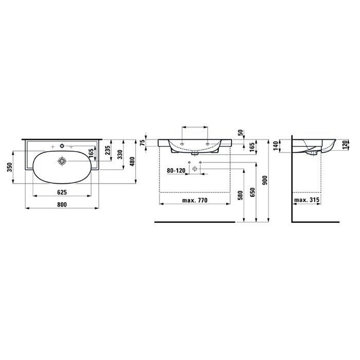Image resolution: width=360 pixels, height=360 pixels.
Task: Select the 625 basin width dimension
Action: point(62,192)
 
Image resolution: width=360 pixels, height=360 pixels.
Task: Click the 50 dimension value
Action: point(241,132)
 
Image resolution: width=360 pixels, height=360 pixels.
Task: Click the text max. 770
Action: point(194,201)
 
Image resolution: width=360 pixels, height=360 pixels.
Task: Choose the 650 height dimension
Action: point(253,191)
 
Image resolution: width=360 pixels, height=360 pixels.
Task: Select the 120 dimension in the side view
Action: point(345,145)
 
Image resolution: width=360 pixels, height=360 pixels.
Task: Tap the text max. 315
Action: point(307,201)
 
